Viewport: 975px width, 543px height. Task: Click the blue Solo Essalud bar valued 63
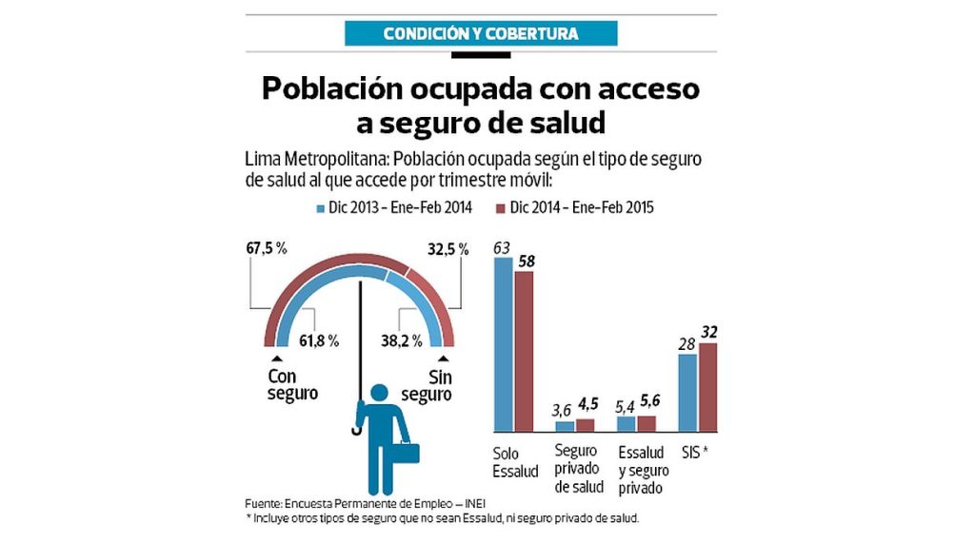click(x=503, y=344)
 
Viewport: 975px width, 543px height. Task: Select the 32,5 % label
click(x=448, y=249)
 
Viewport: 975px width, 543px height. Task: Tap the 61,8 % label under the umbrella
click(x=320, y=340)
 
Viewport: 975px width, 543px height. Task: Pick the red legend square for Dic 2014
click(x=500, y=206)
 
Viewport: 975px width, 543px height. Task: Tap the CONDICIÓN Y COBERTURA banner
click(x=480, y=34)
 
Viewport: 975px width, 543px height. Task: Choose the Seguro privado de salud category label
click(x=578, y=469)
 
